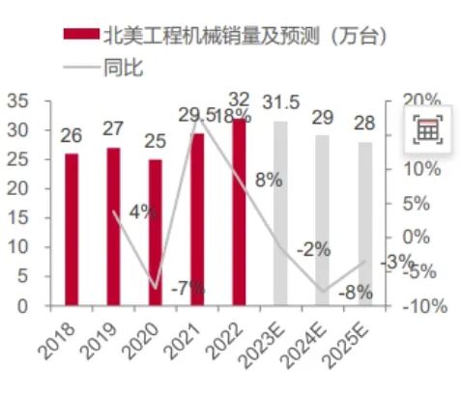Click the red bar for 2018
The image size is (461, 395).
[71, 229]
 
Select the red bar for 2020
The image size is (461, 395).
[155, 232]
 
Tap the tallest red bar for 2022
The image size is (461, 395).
[239, 212]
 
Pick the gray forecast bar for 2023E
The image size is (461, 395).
[280, 212]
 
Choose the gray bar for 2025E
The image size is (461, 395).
[364, 223]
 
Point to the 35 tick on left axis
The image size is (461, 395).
[18, 100]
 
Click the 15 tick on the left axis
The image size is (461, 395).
[18, 218]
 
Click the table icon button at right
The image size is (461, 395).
[427, 129]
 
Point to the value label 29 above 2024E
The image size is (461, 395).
[323, 119]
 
